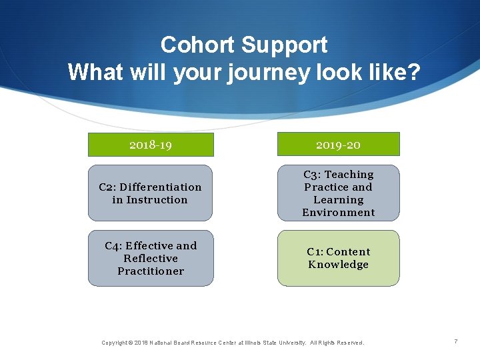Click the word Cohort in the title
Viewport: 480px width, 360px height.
point(197,45)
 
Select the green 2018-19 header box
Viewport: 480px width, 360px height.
point(151,145)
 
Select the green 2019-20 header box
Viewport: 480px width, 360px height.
point(338,145)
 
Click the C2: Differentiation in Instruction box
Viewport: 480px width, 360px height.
point(151,193)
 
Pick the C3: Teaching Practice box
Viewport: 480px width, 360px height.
point(338,193)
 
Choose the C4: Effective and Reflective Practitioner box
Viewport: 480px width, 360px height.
point(151,259)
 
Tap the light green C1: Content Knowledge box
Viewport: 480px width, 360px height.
point(338,259)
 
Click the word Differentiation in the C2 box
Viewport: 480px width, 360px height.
point(165,187)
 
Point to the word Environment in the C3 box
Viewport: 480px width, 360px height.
point(338,213)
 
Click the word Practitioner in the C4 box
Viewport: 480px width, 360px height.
point(151,271)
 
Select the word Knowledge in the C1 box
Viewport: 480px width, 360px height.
point(338,265)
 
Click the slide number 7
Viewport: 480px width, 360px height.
point(456,342)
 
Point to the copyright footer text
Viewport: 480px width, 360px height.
point(233,343)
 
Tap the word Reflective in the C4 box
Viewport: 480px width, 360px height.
point(151,259)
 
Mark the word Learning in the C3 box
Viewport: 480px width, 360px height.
point(338,200)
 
